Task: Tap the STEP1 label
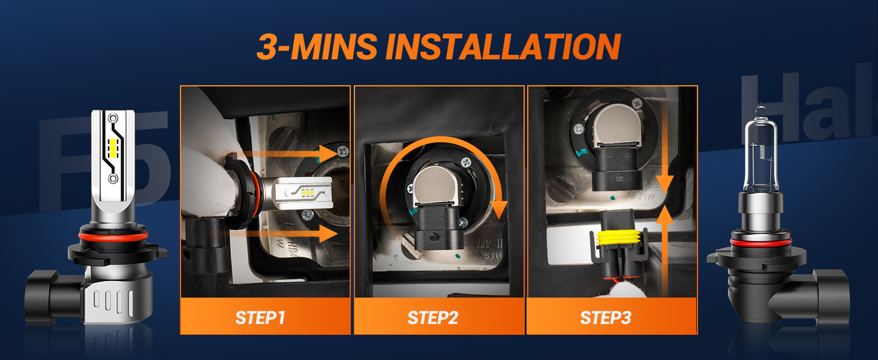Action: point(260,317)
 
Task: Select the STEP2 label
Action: point(432,317)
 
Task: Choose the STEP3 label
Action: point(606,317)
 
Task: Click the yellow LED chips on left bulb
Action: point(113,146)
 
